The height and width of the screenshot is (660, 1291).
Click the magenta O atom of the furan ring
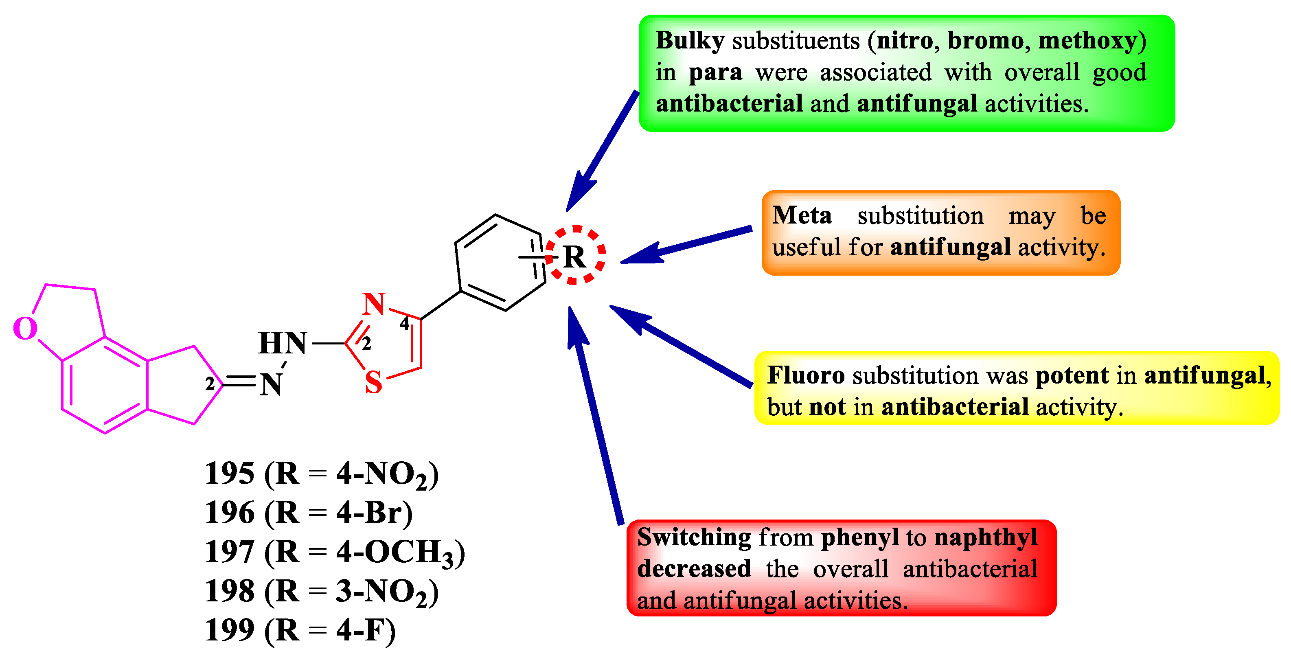click(x=25, y=329)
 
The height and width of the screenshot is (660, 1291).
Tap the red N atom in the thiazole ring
click(x=374, y=304)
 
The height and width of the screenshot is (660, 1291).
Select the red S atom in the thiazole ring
click(x=373, y=382)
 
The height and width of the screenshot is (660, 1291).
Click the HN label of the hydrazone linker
click(x=282, y=343)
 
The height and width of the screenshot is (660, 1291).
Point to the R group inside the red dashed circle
click(x=574, y=257)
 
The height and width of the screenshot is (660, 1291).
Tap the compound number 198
click(x=230, y=591)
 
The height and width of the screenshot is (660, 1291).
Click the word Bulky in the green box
click(x=690, y=41)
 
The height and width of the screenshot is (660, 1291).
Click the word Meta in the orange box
click(x=802, y=215)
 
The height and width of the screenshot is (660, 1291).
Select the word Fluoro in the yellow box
click(x=806, y=375)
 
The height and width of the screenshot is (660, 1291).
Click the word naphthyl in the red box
click(x=986, y=538)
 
